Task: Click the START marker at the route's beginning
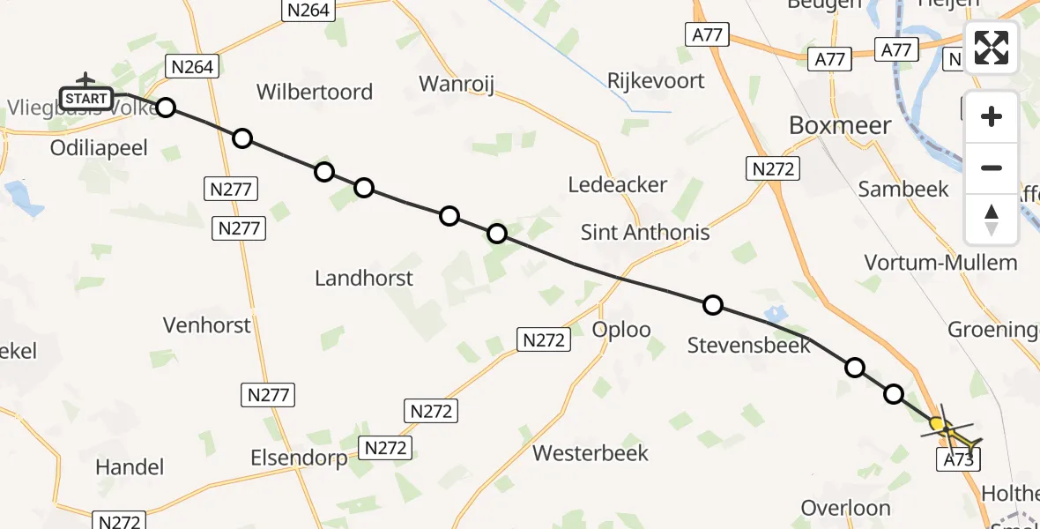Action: [x=85, y=98]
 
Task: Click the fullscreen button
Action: [x=992, y=48]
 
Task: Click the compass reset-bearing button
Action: [x=992, y=218]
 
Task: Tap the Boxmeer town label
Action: [x=840, y=125]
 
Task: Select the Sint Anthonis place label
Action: [x=645, y=233]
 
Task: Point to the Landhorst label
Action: [x=364, y=279]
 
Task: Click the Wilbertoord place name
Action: [x=315, y=92]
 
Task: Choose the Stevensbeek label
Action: [x=748, y=346]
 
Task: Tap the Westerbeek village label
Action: [x=590, y=453]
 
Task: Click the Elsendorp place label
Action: [x=299, y=458]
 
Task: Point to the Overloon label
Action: [x=845, y=508]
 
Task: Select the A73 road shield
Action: [x=957, y=458]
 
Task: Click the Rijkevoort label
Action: [x=656, y=81]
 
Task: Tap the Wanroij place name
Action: [x=457, y=84]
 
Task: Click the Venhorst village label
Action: [x=207, y=324]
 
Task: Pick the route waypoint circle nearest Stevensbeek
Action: [x=713, y=305]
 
